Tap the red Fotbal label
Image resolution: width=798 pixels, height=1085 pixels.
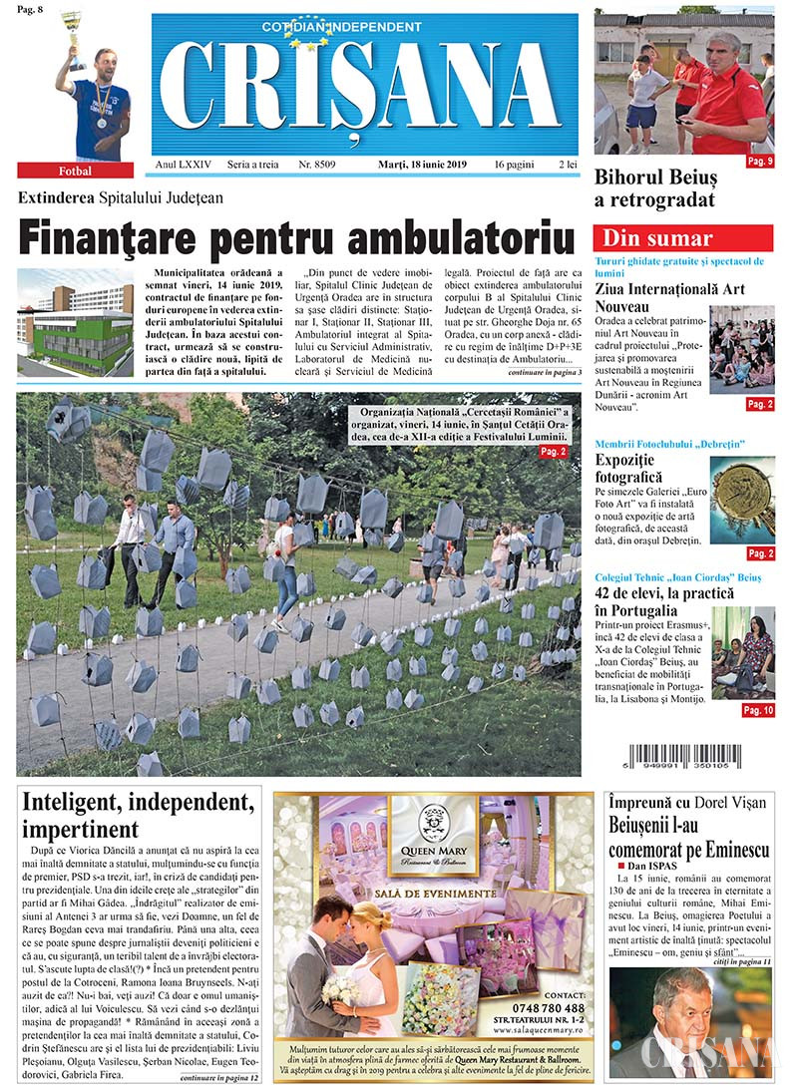point(75,171)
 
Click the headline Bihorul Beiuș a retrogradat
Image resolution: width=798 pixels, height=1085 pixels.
point(655,189)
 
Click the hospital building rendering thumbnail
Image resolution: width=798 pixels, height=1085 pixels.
point(75,322)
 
